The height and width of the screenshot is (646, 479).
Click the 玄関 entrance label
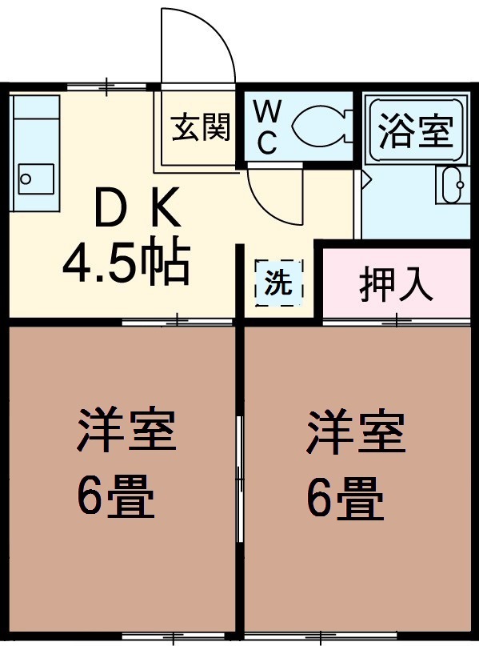point(201,127)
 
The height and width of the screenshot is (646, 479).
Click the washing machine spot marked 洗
point(278,284)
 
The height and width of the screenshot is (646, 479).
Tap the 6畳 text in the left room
point(116,496)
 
